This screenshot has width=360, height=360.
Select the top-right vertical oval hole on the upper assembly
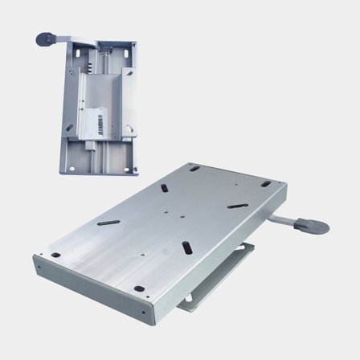coord(126,53)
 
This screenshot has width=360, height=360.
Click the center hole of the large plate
coord(166,213)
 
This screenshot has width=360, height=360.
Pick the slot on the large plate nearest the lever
coord(237,206)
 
